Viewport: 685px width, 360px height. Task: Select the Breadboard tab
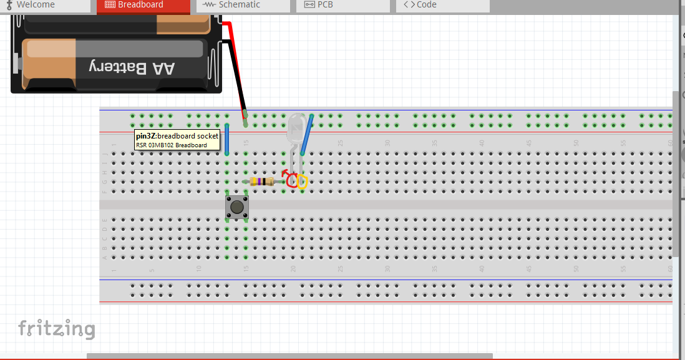click(140, 5)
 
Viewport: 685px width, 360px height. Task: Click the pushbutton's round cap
click(236, 206)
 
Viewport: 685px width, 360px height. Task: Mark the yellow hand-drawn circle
click(303, 182)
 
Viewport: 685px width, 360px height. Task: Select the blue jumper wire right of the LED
click(307, 134)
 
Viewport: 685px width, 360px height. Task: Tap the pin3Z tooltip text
click(177, 136)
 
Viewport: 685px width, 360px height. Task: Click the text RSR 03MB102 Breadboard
click(171, 145)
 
